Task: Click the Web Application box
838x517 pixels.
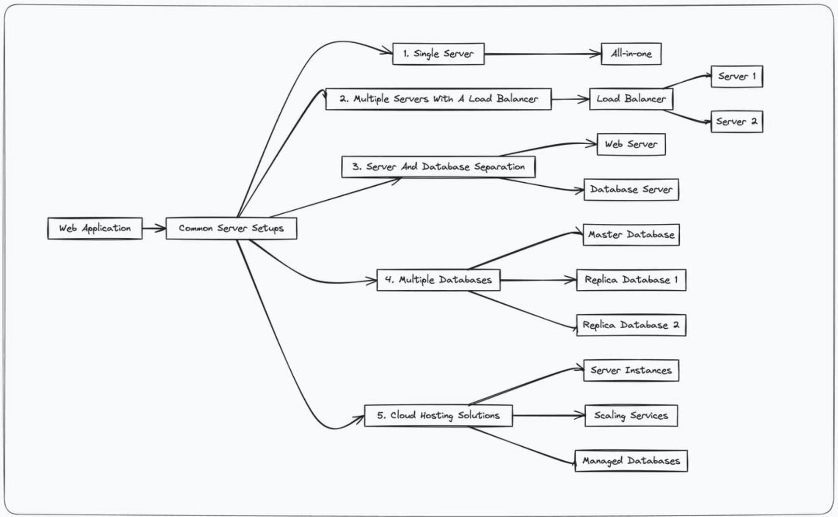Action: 95,228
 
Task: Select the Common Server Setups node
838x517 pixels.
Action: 231,228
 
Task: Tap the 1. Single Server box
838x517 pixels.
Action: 438,54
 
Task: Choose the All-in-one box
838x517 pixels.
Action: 631,54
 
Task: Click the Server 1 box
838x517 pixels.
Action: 736,77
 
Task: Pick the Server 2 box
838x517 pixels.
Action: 736,122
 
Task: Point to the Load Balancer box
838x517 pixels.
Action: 631,99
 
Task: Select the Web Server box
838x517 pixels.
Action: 631,144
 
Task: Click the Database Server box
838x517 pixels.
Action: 631,190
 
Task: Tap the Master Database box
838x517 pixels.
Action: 631,235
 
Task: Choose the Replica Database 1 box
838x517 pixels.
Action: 631,280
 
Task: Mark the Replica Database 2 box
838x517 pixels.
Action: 631,325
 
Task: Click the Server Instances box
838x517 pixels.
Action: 631,371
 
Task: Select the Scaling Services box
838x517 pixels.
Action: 631,416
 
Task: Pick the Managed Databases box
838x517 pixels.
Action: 631,461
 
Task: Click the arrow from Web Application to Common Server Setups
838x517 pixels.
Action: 154,228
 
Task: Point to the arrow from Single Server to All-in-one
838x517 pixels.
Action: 542,54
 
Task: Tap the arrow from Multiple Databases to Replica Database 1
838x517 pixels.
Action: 538,280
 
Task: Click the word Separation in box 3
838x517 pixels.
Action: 499,167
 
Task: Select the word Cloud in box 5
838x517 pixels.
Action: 403,415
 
